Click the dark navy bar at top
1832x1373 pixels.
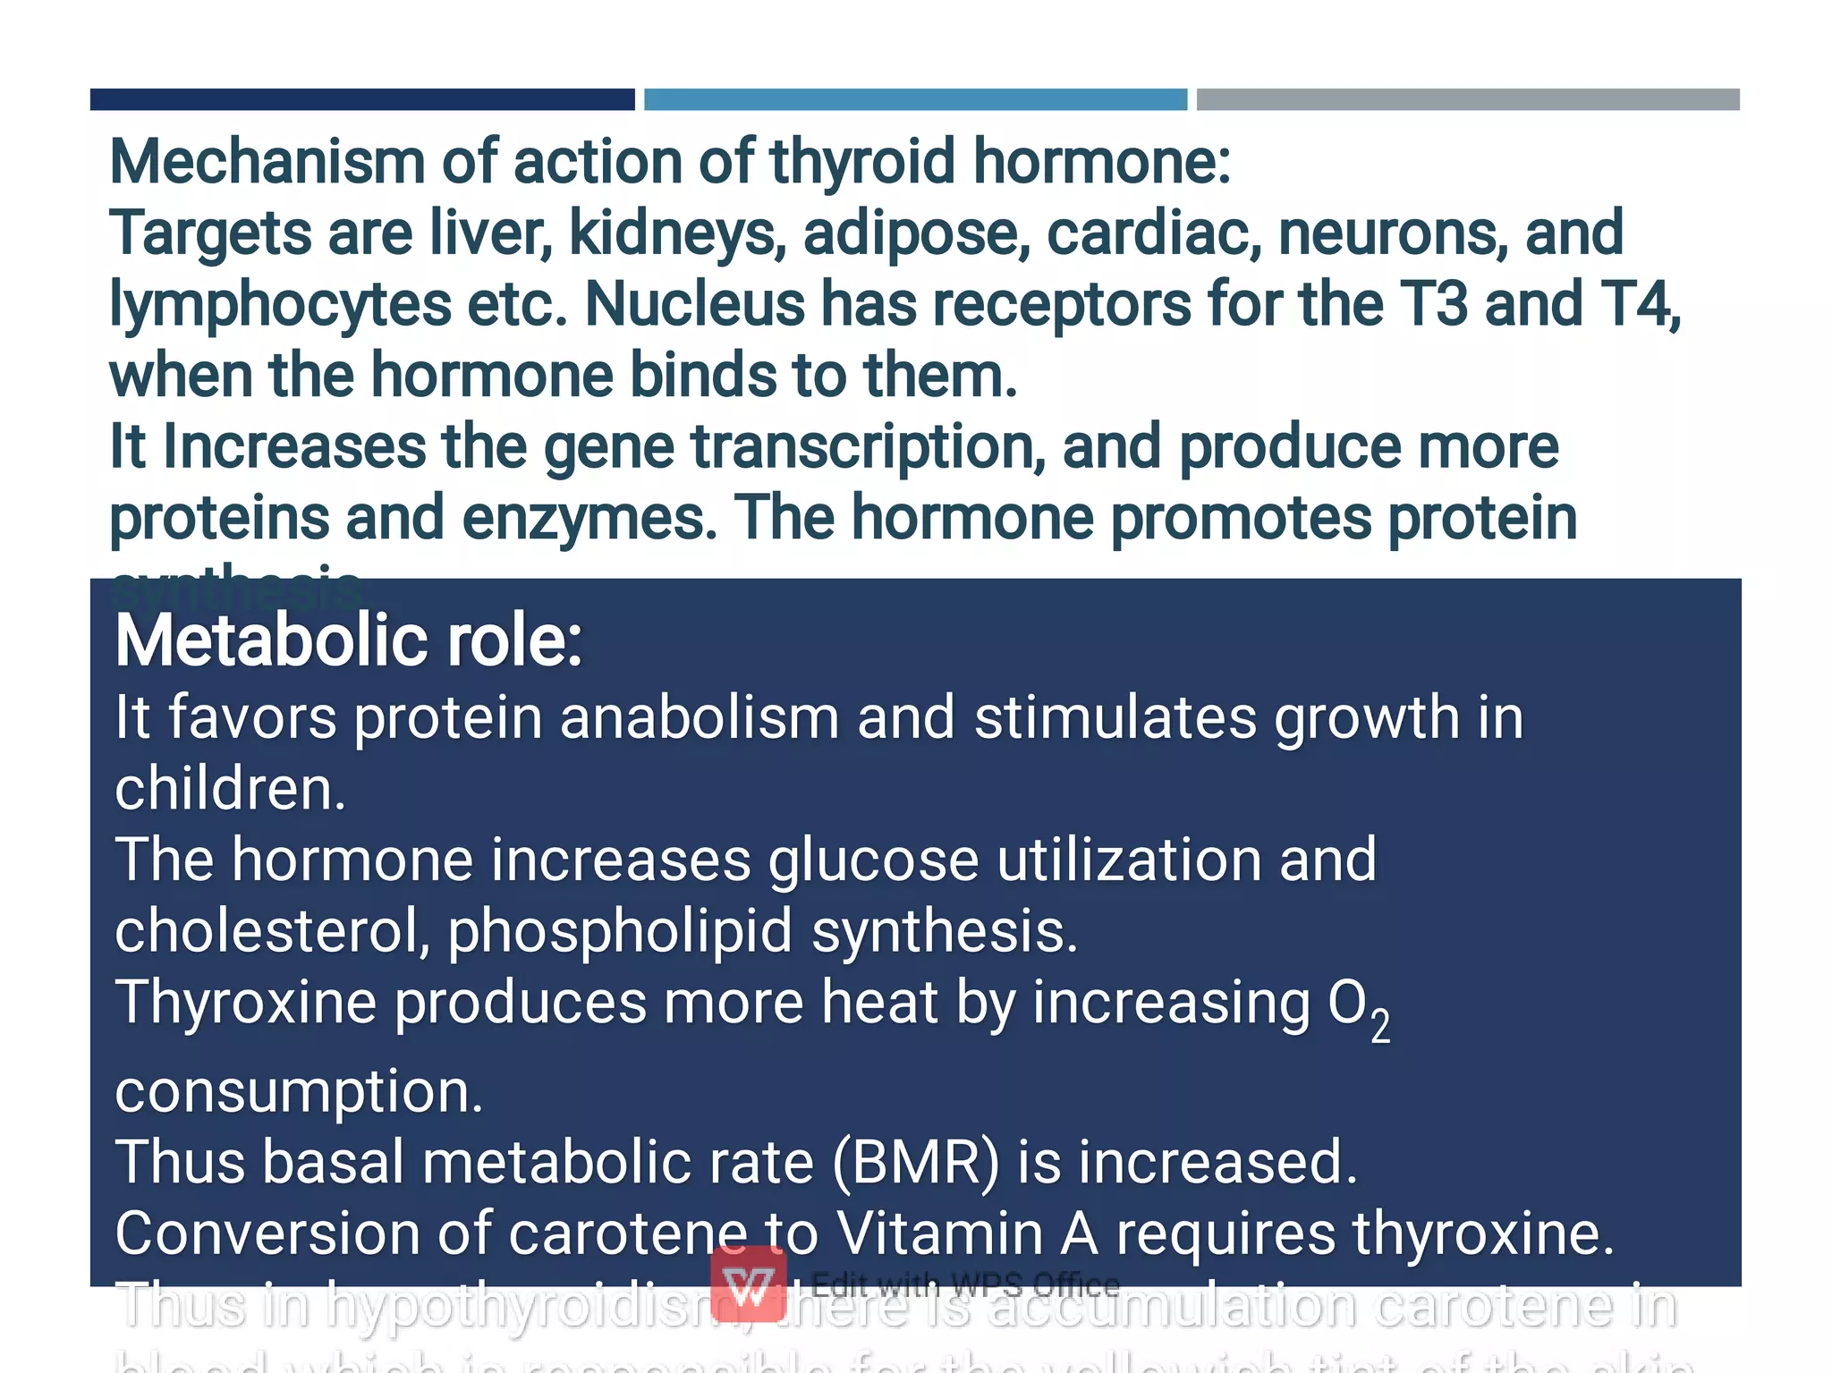362,99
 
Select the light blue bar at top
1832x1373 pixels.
915,99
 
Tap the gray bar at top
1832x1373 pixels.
1468,99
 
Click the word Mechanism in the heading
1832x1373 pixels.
267,162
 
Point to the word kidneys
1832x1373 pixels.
677,233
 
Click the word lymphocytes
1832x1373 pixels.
280,305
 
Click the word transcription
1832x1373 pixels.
868,447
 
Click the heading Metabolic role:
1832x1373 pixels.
349,640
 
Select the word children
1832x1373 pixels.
230,789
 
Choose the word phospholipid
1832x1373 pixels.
620,931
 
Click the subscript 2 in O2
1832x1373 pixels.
1380,1025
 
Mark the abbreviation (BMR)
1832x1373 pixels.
915,1162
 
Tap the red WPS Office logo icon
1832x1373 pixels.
749,1284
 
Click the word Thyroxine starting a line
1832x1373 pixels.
245,1002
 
